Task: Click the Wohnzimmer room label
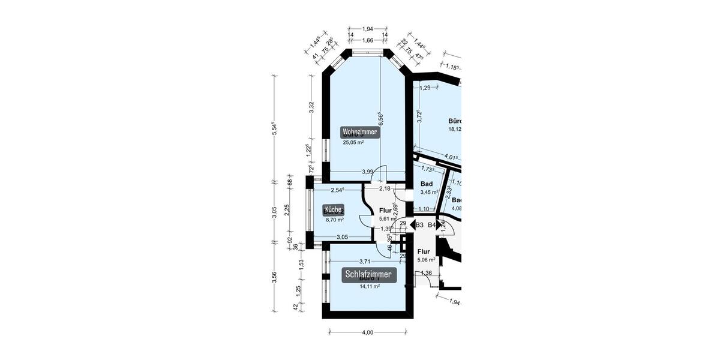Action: point(361,132)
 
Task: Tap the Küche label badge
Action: point(333,209)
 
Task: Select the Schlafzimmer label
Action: point(369,275)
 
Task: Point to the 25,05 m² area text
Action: point(353,143)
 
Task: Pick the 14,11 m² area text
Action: point(369,286)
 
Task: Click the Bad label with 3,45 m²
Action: point(427,184)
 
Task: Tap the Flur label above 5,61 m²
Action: point(385,211)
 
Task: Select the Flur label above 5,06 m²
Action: point(424,252)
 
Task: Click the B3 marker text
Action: point(419,225)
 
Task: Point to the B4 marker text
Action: point(432,225)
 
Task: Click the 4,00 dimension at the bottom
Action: point(368,332)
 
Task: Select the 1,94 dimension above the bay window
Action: point(368,29)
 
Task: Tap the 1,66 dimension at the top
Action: point(368,40)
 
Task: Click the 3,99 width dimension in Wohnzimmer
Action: point(368,172)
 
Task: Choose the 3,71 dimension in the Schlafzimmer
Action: point(364,261)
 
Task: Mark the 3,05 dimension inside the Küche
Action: point(343,237)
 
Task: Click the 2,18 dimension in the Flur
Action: point(384,189)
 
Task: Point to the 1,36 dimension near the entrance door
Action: point(427,274)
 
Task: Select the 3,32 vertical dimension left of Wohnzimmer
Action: point(311,107)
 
